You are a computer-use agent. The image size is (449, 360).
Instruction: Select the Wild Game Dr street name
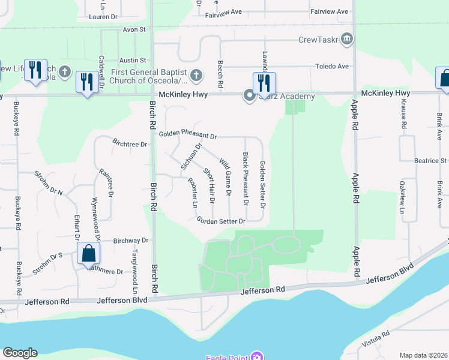point(225,177)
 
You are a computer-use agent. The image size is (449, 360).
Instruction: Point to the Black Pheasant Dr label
point(245,179)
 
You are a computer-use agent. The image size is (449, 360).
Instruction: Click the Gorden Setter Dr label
point(221,221)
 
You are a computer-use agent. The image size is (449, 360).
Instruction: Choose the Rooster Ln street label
point(193,193)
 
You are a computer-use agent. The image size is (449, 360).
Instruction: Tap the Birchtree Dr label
point(130,143)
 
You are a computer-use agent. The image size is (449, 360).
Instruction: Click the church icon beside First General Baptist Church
point(196,76)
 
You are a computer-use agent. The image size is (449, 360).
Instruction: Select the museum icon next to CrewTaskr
point(346,40)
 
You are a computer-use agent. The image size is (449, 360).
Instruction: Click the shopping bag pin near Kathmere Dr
point(88,254)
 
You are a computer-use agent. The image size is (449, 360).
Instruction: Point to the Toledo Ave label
point(333,67)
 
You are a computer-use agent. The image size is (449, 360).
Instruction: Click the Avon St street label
point(134,29)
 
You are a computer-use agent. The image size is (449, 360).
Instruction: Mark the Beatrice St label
point(431,161)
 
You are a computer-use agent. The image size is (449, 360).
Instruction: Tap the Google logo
point(20,353)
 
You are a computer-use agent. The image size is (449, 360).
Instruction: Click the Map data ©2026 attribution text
point(423,355)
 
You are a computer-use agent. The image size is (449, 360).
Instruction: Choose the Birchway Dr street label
point(131,240)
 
